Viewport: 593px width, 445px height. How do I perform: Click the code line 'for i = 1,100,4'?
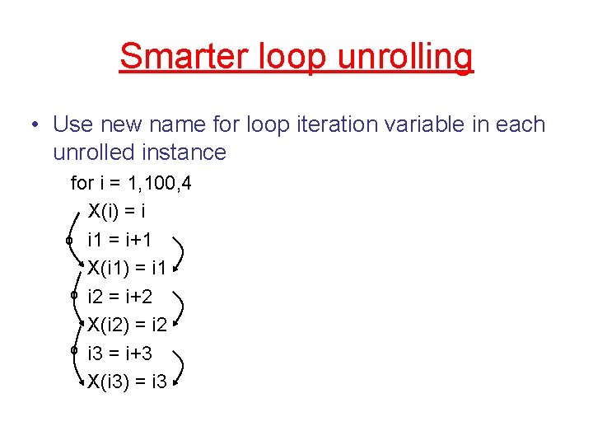(132, 183)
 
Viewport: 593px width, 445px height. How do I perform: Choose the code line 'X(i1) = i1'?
(128, 268)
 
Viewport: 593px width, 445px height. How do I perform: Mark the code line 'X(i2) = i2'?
(128, 325)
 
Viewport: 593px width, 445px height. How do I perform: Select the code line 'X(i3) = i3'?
(128, 381)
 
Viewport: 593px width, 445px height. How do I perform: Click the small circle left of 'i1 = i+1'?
(71, 239)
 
